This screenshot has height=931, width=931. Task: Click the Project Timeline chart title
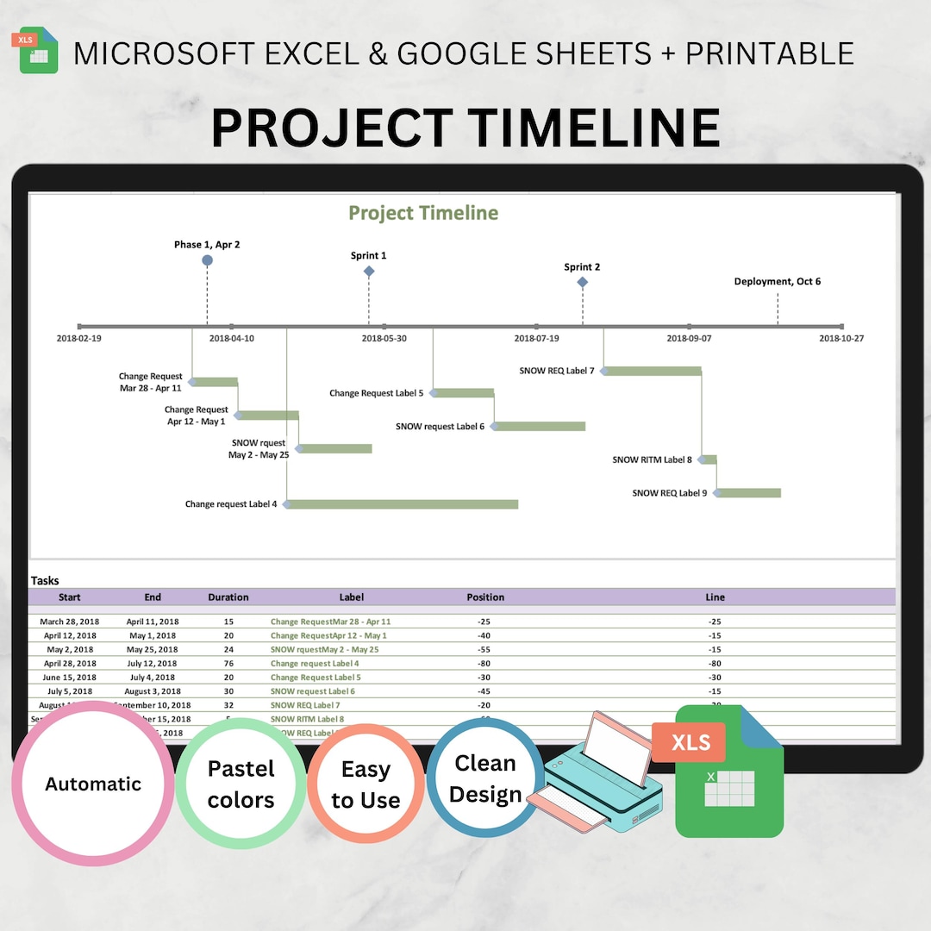click(x=423, y=213)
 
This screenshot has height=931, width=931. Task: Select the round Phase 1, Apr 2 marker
click(x=207, y=260)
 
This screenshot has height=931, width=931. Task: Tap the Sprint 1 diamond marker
click(x=369, y=272)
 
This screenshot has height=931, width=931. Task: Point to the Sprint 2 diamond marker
click(x=583, y=282)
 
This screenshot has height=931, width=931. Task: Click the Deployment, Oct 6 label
click(x=777, y=282)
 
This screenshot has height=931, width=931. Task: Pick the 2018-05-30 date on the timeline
click(x=384, y=339)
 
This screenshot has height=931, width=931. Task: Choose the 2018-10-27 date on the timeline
click(x=840, y=339)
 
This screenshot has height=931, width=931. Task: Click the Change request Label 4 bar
click(x=403, y=504)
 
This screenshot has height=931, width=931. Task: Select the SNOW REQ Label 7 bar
click(x=653, y=372)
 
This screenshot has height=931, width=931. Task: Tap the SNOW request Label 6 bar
click(x=540, y=427)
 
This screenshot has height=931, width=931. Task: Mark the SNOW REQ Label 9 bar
click(x=748, y=493)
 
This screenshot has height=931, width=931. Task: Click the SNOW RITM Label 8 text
click(x=652, y=460)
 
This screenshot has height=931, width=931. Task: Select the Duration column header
click(x=228, y=597)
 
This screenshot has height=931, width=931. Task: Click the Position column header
click(x=485, y=597)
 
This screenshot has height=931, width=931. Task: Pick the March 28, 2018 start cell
click(x=69, y=622)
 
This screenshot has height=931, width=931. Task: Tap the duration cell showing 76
click(x=228, y=664)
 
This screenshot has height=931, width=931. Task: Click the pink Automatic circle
click(x=93, y=784)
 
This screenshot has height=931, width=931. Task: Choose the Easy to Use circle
click(x=366, y=784)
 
